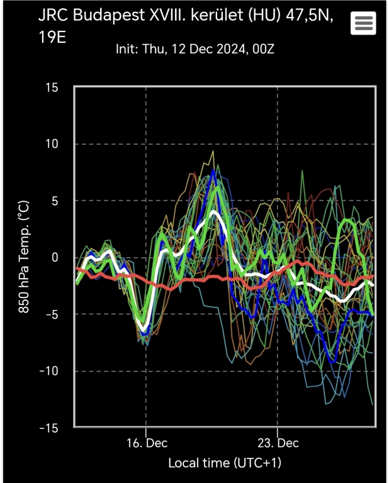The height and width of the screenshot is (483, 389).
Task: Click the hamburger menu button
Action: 365,24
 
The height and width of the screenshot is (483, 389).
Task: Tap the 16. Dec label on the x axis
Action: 145,442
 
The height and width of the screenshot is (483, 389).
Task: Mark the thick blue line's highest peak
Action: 213,171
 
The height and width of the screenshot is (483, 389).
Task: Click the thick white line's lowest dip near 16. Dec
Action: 145,330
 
